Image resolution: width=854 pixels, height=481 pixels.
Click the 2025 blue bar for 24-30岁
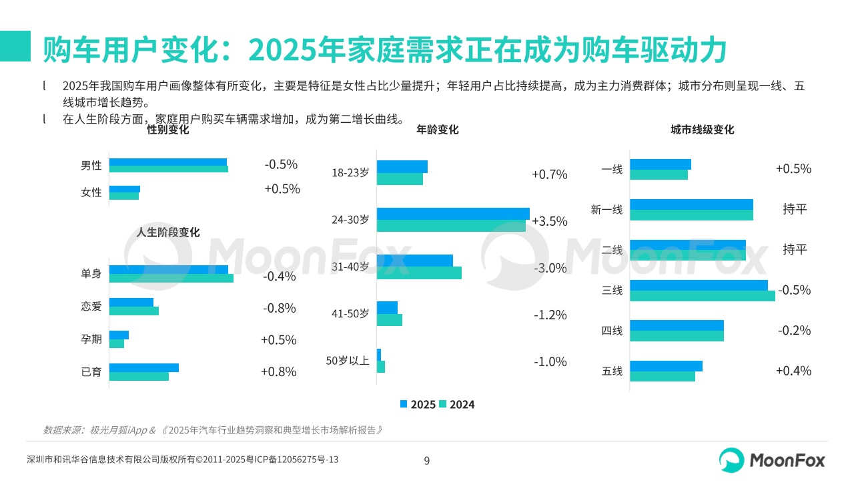453,214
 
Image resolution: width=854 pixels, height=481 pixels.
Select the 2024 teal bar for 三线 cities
702,296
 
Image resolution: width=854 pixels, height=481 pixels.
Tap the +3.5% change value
549,221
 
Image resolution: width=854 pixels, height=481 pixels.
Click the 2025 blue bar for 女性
125,189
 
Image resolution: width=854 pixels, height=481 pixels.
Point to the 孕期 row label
91,339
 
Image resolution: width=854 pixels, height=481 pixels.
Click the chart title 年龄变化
437,130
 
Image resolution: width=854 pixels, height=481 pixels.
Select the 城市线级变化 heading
702,130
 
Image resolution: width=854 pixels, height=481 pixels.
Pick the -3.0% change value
550,268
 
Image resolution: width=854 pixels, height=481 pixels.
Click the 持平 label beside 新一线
795,209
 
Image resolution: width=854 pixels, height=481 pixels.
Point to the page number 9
427,460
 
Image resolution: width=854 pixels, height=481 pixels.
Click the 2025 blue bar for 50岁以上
379,355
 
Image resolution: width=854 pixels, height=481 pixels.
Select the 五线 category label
612,371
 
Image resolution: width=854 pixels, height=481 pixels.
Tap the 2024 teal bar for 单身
171,278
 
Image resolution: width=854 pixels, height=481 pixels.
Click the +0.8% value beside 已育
278,372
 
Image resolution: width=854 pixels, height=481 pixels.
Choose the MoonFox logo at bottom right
772,460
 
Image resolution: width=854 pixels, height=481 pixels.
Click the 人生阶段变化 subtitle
168,232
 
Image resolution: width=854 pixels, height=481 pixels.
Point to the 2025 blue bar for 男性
168,162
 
